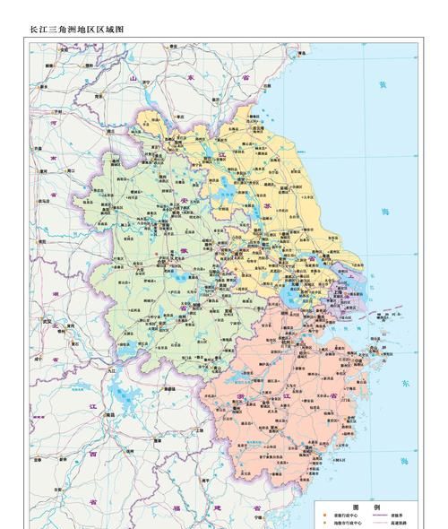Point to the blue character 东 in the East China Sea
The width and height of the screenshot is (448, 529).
406,383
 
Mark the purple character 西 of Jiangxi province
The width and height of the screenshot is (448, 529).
92,454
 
